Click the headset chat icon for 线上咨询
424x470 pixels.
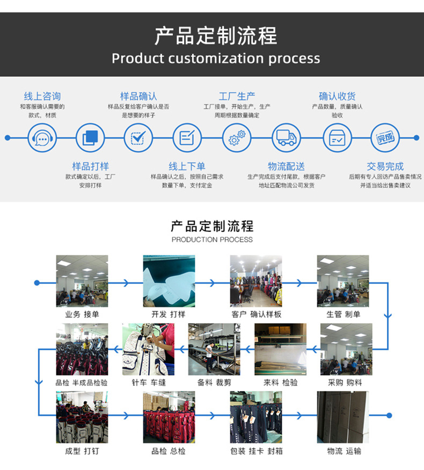(42, 138)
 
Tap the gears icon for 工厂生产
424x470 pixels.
(237, 138)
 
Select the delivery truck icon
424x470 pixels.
(286, 138)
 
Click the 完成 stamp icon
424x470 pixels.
(385, 138)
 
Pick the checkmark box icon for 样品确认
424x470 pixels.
(138, 138)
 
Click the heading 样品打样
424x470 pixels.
(90, 166)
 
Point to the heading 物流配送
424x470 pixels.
(286, 166)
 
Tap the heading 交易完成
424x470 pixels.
(385, 166)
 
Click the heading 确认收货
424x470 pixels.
(337, 97)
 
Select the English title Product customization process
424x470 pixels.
(216, 58)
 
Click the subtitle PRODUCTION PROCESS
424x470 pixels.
(212, 239)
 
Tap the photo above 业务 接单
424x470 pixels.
(82, 281)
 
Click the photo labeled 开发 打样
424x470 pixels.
(169, 281)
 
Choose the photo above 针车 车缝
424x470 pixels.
(148, 349)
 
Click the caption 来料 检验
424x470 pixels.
(280, 383)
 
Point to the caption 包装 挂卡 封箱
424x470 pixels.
(256, 451)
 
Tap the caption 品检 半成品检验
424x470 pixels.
(82, 383)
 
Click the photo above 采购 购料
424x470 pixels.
(346, 349)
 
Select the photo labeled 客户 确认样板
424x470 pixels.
(256, 281)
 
